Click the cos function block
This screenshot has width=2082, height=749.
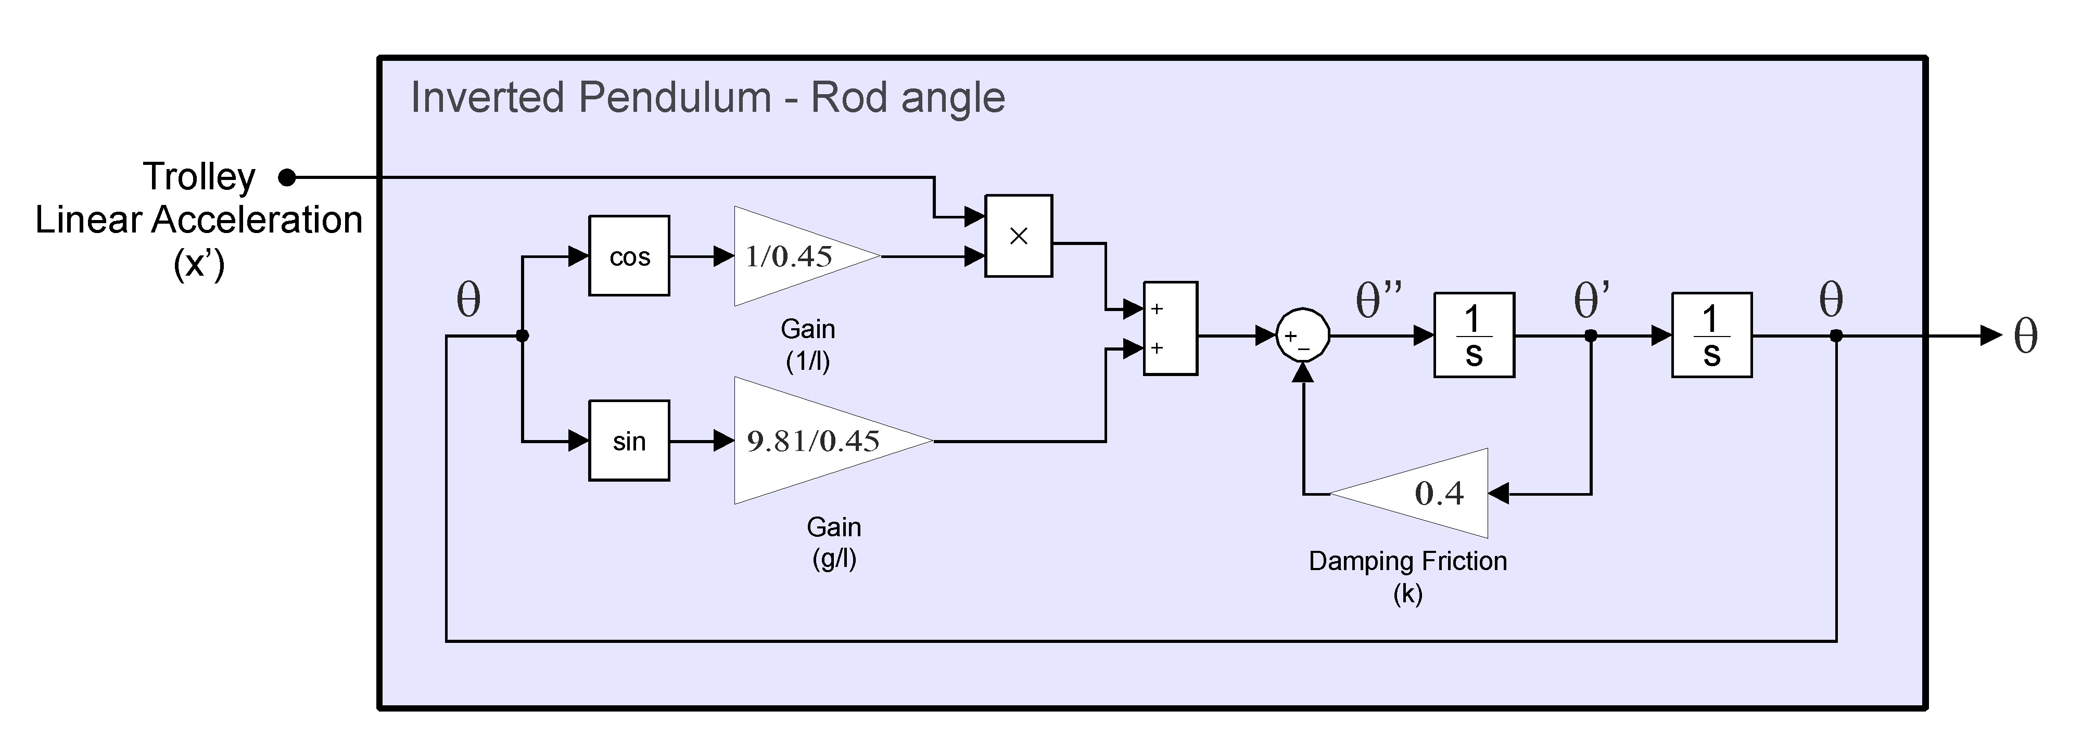tap(629, 255)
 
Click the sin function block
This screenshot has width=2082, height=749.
tap(629, 441)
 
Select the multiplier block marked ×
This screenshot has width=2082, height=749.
tap(1019, 236)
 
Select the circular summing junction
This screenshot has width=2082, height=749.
tap(1302, 335)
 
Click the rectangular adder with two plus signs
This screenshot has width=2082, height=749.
tap(1170, 328)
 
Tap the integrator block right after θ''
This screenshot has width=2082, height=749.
tap(1474, 334)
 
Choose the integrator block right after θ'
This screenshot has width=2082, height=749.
tap(1711, 334)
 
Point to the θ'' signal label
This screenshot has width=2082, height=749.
tap(1378, 301)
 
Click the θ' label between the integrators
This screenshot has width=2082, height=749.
tap(1591, 301)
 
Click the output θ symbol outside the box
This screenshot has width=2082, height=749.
tap(2025, 335)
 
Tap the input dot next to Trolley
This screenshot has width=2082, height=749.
tap(287, 177)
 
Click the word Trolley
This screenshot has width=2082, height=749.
tap(199, 176)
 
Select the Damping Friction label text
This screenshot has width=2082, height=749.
tap(1407, 561)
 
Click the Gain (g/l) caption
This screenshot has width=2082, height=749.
tap(833, 542)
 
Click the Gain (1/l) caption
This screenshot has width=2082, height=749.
tap(807, 344)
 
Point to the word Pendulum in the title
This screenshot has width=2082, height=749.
tap(675, 98)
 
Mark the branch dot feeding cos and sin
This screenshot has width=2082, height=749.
tap(522, 335)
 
